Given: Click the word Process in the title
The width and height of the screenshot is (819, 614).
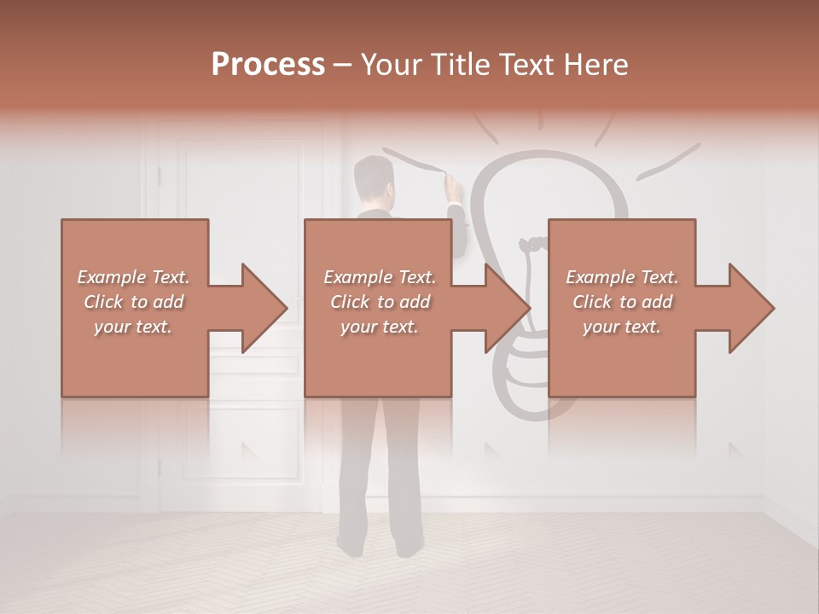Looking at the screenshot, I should tap(268, 65).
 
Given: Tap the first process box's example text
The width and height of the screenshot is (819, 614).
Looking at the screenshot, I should tap(134, 302).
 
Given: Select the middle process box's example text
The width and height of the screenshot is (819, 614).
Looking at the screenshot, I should tap(380, 302).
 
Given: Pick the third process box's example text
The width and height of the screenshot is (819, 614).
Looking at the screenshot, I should tap(622, 302).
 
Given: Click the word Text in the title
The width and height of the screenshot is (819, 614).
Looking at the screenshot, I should tap(528, 65).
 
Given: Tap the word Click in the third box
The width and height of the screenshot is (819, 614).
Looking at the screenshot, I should tap(592, 302).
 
